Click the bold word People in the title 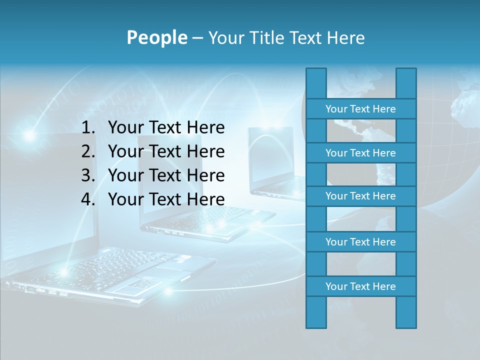[x=156, y=37]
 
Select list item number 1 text [x=166, y=128]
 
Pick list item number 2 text [x=166, y=151]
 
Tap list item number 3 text [x=166, y=175]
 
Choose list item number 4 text [x=166, y=199]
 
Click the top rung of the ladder [x=360, y=109]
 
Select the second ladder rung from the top [x=360, y=153]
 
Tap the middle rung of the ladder [x=360, y=196]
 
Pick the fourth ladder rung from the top [x=360, y=242]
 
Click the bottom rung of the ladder [x=360, y=286]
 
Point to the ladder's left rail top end [x=316, y=75]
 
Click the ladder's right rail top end [x=406, y=75]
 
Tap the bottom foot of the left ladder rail [x=316, y=320]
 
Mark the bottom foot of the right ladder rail [x=406, y=320]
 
